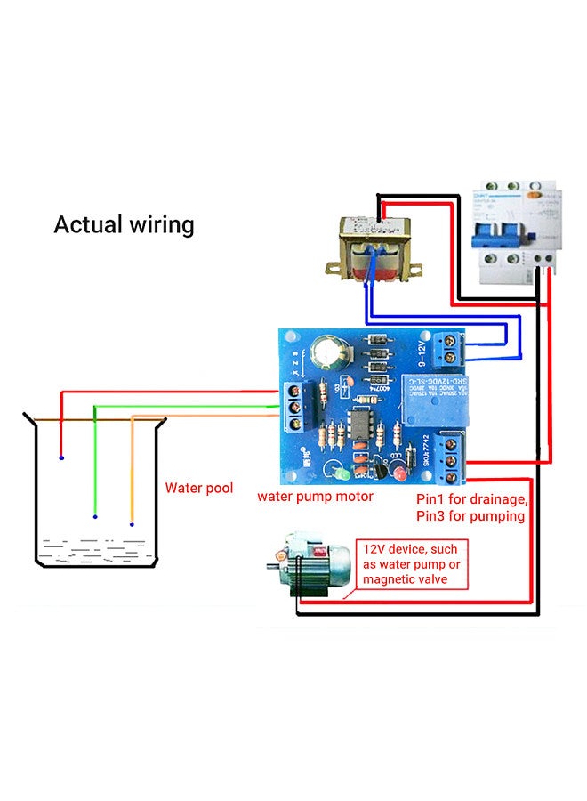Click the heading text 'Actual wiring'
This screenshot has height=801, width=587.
tap(124, 224)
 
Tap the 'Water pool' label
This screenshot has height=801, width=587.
tap(199, 488)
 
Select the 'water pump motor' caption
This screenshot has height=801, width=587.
tap(316, 496)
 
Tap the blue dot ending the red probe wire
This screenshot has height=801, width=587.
tap(61, 457)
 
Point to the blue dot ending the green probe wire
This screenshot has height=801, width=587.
tap(95, 516)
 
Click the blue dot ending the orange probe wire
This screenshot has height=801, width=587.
tap(132, 524)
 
